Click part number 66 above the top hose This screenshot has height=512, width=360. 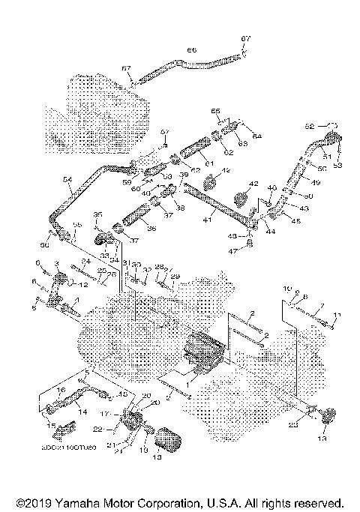coord(191,50)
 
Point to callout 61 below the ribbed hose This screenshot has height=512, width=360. coord(208,163)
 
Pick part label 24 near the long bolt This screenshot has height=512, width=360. coord(87,262)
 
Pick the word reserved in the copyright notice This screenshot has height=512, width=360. coord(316,502)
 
